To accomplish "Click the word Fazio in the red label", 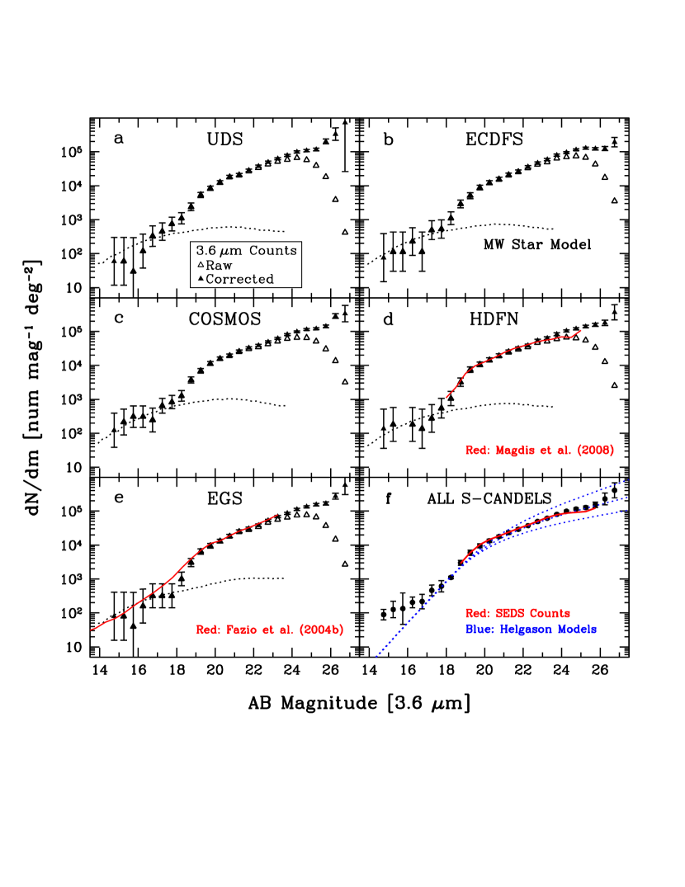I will [241, 630].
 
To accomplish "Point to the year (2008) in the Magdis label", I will [595, 451].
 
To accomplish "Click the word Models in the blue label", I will [578, 630].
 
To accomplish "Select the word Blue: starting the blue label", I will [479, 630].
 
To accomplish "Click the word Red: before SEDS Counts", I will [478, 614].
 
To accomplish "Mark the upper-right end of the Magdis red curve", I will [581, 330].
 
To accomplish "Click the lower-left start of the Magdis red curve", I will [446, 398].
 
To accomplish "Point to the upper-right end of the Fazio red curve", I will [277, 515].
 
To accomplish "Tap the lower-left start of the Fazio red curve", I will [91, 630].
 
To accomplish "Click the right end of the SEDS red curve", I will [595, 508].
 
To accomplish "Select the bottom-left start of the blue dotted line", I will [376, 657].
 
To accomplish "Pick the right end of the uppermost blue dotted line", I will [627, 479].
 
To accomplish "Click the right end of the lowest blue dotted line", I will [628, 510].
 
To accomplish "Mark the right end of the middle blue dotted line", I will [628, 497].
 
